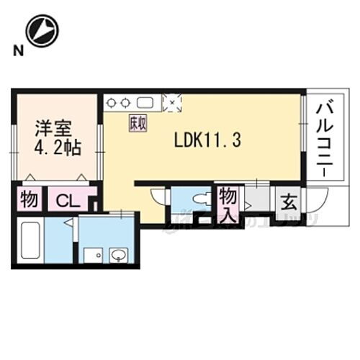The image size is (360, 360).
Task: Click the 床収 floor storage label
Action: [138, 123]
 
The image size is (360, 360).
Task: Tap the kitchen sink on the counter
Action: [147, 102]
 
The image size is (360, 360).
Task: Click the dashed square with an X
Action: [173, 102]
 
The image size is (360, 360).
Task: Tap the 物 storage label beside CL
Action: [29, 199]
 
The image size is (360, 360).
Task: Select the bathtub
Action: [28, 242]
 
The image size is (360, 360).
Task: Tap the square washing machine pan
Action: [92, 255]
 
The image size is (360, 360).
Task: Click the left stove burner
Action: [111, 102]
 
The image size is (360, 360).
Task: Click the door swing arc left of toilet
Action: [158, 194]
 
